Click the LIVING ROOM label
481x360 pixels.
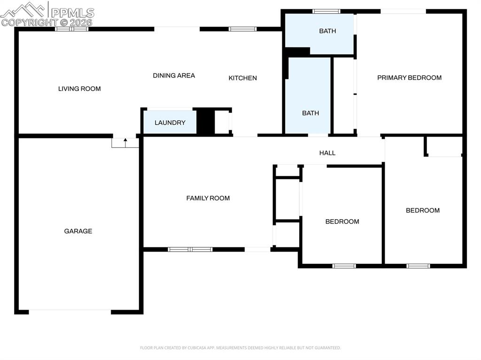(x=79, y=89)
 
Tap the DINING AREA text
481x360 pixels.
(x=174, y=76)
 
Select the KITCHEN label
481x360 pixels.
(x=242, y=78)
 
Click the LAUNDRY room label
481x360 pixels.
(x=170, y=123)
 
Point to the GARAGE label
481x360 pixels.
(x=78, y=231)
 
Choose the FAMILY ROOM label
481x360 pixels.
(x=208, y=198)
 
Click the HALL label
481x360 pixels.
(x=327, y=153)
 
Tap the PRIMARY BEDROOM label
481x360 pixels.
(x=409, y=77)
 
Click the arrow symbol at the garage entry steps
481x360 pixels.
(x=125, y=140)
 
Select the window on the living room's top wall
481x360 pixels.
(x=72, y=29)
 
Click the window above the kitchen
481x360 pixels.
(x=242, y=29)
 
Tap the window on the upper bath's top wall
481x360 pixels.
(x=326, y=11)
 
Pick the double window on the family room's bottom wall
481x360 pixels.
(x=190, y=249)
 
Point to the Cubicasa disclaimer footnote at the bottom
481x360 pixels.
(x=240, y=348)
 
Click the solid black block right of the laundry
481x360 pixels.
(x=205, y=122)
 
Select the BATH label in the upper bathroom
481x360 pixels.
(x=327, y=31)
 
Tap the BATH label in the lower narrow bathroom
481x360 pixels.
(x=310, y=113)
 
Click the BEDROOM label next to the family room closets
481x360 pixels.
(x=342, y=222)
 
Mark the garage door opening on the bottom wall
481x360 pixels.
(x=70, y=312)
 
